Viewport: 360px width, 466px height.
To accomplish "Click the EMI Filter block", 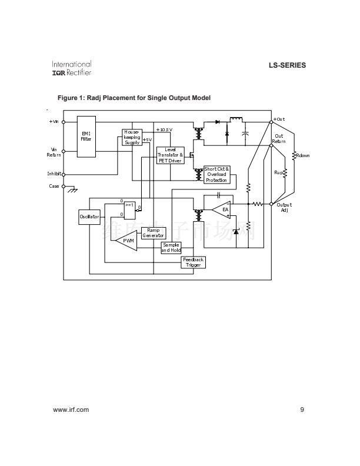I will [86, 137].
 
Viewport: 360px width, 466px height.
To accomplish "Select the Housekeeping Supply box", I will [132, 137].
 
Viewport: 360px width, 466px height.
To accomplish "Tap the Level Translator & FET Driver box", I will [171, 155].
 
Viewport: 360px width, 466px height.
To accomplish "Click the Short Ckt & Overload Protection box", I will [216, 174].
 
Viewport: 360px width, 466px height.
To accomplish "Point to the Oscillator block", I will [89, 217].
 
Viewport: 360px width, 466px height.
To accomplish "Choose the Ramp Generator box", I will [153, 233].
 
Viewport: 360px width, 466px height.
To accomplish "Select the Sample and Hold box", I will [171, 248].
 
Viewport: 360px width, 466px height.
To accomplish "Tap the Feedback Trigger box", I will [193, 262].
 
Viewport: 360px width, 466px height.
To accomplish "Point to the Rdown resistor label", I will [302, 155].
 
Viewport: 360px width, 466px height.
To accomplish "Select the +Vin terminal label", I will [54, 122].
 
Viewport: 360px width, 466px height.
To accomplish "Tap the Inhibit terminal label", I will [54, 174].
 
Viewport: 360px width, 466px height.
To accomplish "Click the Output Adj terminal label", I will [284, 207].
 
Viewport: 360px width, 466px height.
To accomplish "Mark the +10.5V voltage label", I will [164, 129].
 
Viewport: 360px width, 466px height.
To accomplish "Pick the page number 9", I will [302, 410].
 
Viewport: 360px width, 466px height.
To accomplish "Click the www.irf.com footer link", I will [71, 410].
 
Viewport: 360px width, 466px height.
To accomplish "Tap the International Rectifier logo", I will [72, 68].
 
